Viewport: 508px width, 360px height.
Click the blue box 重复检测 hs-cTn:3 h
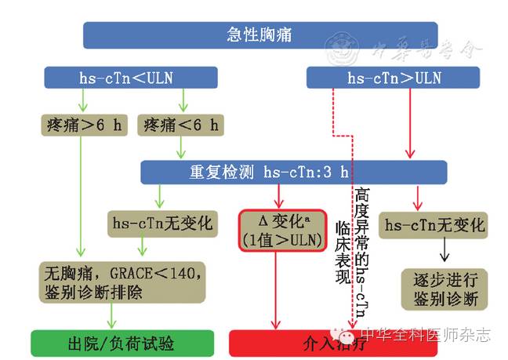[x=293, y=173]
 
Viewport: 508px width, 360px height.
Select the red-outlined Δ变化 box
[x=281, y=231]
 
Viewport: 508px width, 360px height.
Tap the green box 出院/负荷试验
[x=122, y=344]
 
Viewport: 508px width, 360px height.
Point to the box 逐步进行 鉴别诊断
[x=434, y=288]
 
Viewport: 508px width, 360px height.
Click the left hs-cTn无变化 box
[x=160, y=224]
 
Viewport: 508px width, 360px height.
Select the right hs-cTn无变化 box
[x=434, y=226]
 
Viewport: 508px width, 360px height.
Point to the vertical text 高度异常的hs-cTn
[x=361, y=251]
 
